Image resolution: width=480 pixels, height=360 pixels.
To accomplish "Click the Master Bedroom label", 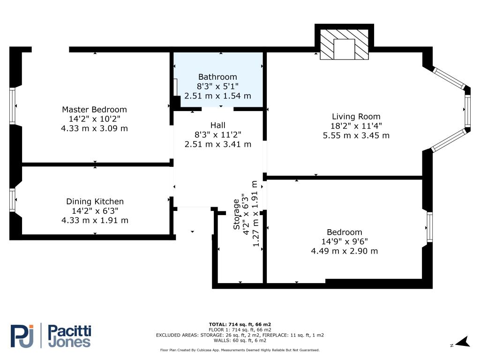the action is tap(94, 110).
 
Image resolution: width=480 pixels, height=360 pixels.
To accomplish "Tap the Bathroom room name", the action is tap(217, 77).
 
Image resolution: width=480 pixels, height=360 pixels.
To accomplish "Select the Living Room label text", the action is tap(356, 117).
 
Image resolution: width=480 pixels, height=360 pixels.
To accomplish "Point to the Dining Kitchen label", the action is tap(95, 202).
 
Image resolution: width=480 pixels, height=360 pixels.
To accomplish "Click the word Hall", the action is tap(217, 125).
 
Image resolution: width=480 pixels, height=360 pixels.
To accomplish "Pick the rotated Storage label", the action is tap(236, 214).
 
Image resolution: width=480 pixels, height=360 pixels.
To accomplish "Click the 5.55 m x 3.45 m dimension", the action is tap(356, 135).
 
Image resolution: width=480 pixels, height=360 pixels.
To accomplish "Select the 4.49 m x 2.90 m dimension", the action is tap(345, 251).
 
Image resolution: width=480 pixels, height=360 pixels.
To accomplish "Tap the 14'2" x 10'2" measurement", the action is tap(94, 119).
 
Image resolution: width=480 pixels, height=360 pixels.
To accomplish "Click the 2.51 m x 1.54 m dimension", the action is tap(217, 96).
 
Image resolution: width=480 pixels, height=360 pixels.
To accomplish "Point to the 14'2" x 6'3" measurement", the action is tap(95, 211).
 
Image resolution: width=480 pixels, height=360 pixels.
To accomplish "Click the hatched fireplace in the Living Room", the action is tap(345, 45).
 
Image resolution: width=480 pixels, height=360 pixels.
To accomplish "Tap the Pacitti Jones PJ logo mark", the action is tap(22, 336).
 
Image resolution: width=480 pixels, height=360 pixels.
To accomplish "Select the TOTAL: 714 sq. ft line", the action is tap(240, 324).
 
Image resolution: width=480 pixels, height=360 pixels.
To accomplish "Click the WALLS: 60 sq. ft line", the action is tap(240, 340).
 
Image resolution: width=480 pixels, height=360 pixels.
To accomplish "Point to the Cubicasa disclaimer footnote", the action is tap(240, 350).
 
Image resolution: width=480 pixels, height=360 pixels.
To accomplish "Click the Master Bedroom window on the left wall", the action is tap(12, 106).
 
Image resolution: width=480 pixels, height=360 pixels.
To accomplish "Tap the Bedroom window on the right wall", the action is tap(430, 227).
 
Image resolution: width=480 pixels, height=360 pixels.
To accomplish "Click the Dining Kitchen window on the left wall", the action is tap(12, 200).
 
